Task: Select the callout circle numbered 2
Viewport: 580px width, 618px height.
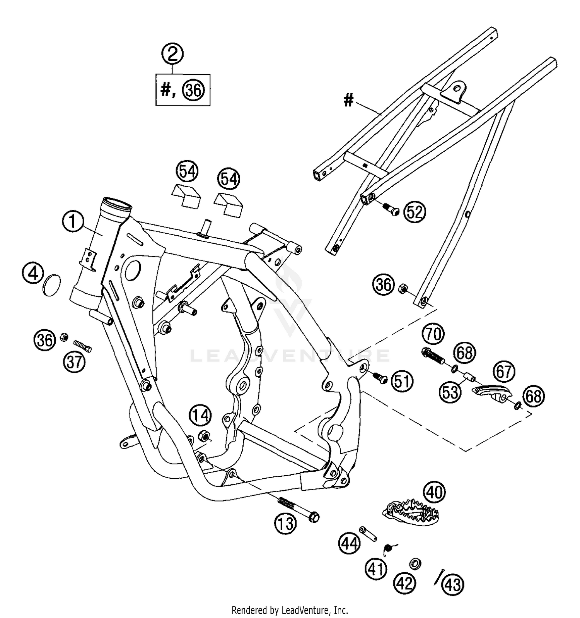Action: (x=172, y=53)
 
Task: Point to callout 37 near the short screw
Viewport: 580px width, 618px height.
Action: (x=74, y=362)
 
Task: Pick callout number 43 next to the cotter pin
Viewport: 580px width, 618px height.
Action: (x=453, y=584)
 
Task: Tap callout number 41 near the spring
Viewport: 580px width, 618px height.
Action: (x=376, y=568)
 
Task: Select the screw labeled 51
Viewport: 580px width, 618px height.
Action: (x=379, y=378)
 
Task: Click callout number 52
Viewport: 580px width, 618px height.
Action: (x=415, y=212)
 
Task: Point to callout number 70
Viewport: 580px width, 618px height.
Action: (x=433, y=334)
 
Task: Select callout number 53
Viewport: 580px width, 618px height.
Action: (x=450, y=392)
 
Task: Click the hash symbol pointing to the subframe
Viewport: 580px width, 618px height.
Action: (x=349, y=101)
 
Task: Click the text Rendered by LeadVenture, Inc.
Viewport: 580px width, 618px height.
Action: (x=290, y=610)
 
